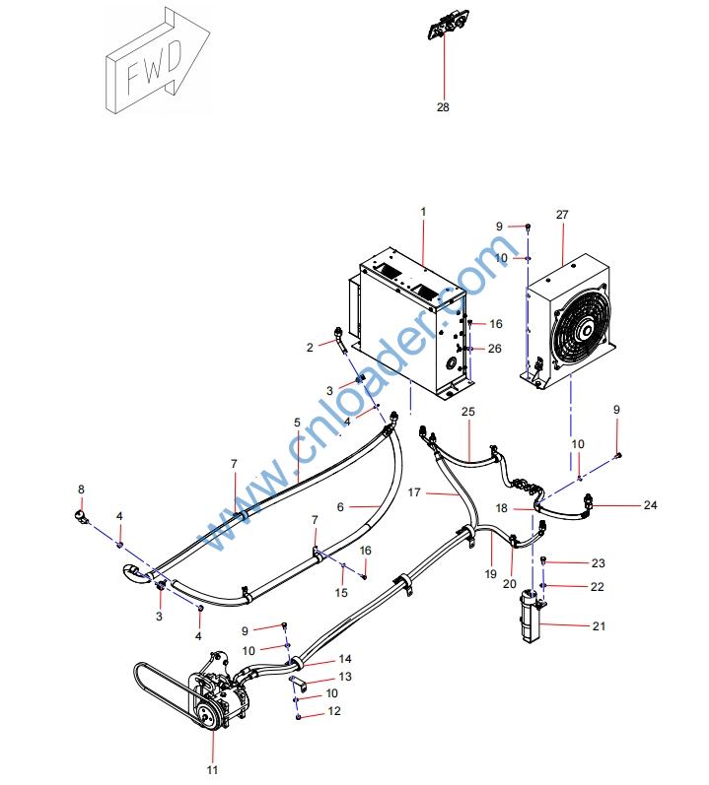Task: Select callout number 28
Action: [x=443, y=107]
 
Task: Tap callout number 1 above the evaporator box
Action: [x=422, y=212]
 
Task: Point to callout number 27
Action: [x=563, y=214]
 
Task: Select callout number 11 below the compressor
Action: [x=212, y=769]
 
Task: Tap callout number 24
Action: [x=650, y=505]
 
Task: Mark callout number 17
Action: [x=416, y=491]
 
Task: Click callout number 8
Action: [x=82, y=489]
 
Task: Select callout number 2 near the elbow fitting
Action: [x=309, y=347]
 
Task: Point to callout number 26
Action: [x=495, y=348]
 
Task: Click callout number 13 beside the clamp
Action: [x=345, y=677]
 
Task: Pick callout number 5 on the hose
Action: [x=297, y=423]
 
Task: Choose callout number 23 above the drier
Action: [x=571, y=563]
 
